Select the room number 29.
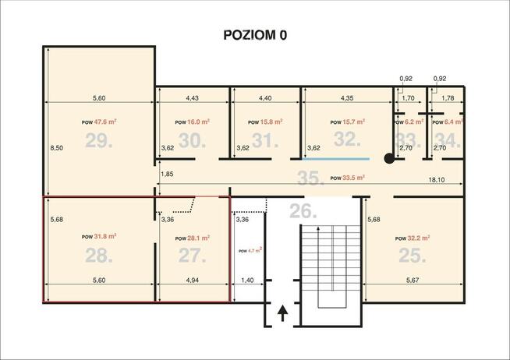[x=100, y=141]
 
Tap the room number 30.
[x=192, y=140]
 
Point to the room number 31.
[x=265, y=141]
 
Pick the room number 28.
[x=100, y=255]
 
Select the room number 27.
[x=192, y=255]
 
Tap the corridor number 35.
[x=310, y=178]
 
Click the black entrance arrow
[x=282, y=313]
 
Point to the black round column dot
[x=388, y=159]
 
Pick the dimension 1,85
[x=167, y=174]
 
